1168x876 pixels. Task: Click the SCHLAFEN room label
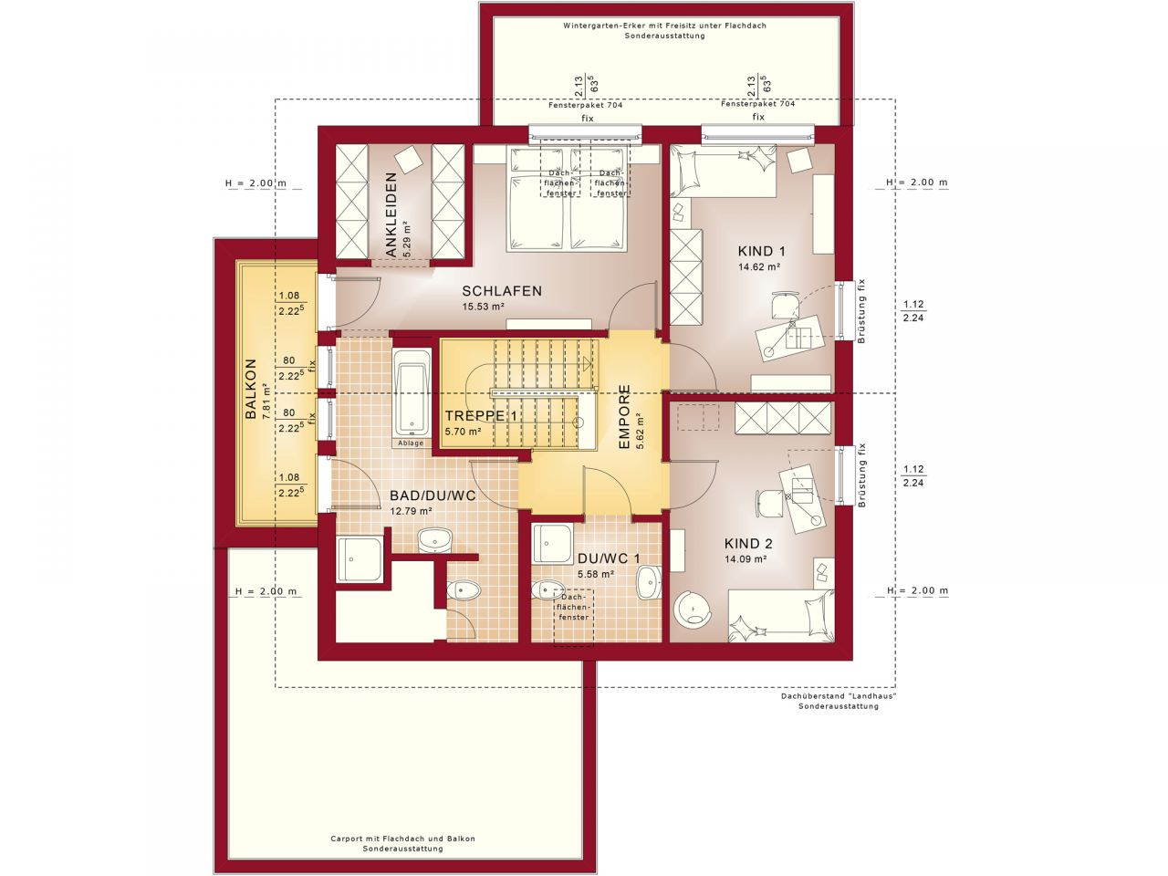(x=501, y=291)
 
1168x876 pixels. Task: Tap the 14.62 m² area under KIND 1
(x=758, y=267)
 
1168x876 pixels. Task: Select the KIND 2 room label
(x=747, y=542)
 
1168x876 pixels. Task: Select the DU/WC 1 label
(x=609, y=558)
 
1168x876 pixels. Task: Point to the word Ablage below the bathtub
(x=411, y=443)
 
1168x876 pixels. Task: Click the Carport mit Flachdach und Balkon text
(x=402, y=838)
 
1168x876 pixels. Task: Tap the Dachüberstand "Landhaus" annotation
(x=838, y=695)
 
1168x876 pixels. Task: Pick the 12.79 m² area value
(x=410, y=511)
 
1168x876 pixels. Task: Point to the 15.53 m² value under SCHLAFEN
(x=484, y=308)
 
